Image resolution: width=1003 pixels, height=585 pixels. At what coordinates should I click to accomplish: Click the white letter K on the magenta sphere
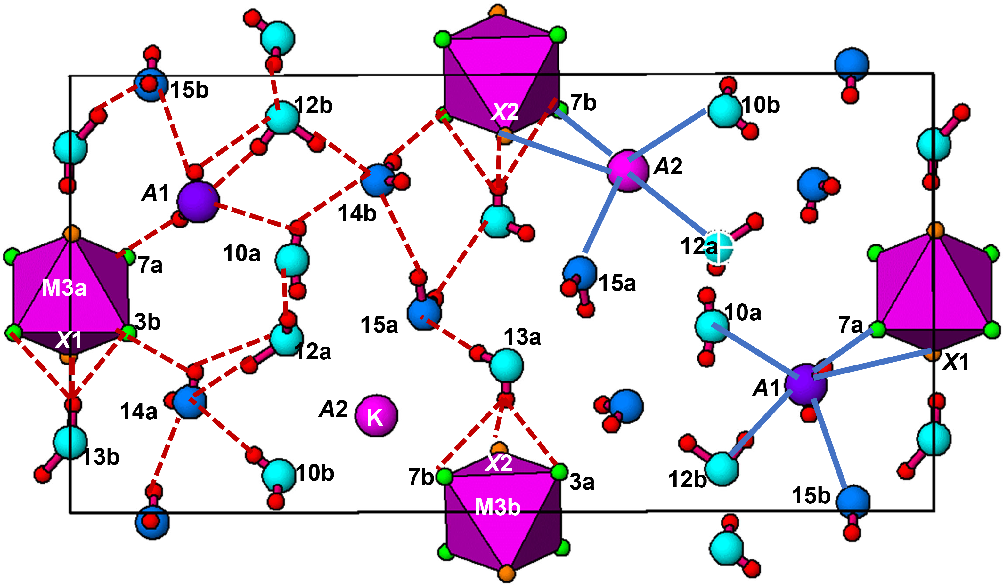tap(375, 417)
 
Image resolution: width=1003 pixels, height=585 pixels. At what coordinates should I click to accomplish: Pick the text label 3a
tap(582, 482)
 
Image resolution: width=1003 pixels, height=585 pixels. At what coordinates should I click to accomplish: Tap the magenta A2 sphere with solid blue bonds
tap(628, 171)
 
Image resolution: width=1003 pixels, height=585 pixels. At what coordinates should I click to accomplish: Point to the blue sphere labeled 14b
tap(377, 180)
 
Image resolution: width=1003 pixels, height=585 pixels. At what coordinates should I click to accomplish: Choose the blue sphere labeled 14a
tap(190, 402)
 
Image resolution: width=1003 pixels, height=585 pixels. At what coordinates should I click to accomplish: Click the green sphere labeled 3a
tap(559, 472)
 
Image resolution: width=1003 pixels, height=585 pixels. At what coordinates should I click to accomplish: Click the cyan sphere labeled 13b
tap(70, 442)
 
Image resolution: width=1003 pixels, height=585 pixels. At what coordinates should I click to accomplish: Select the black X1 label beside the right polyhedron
tap(955, 362)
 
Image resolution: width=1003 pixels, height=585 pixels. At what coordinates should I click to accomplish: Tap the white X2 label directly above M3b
tap(498, 463)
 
